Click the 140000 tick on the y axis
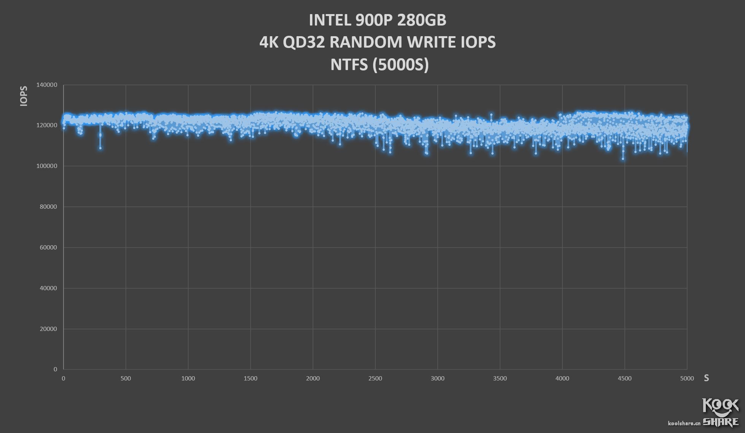click(47, 85)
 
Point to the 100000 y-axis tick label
click(47, 166)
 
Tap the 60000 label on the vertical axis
click(48, 248)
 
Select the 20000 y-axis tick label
click(48, 329)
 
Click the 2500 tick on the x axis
click(375, 378)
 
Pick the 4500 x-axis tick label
click(624, 378)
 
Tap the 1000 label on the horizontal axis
click(188, 378)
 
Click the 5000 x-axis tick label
click(687, 378)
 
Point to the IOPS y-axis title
click(24, 96)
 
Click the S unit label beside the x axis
click(706, 378)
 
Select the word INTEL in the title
click(330, 20)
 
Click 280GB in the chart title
click(422, 20)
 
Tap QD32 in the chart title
click(303, 42)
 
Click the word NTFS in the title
click(349, 65)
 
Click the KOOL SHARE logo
click(720, 412)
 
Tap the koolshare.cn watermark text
click(684, 423)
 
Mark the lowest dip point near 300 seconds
click(100, 148)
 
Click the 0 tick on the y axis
click(55, 369)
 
